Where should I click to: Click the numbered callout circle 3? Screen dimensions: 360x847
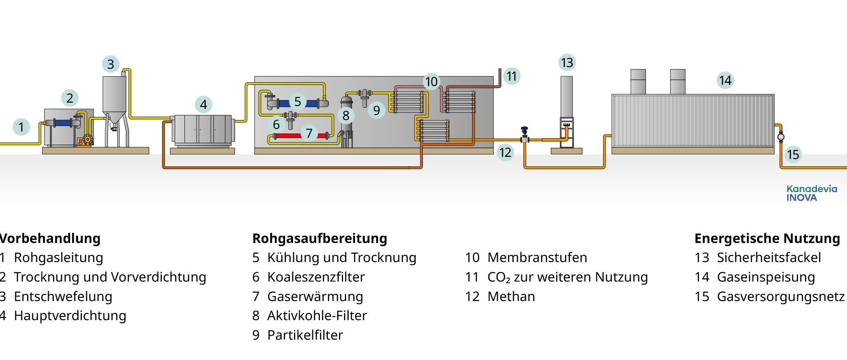(x=111, y=64)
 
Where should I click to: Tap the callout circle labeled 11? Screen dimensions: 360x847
(x=512, y=76)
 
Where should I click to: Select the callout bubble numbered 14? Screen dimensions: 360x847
(x=725, y=80)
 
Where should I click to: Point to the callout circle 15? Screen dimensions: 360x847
(x=793, y=154)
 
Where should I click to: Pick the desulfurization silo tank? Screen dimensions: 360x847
(x=115, y=95)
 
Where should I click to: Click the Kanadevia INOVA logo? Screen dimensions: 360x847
(x=811, y=193)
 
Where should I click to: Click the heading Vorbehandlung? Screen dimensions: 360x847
(x=50, y=238)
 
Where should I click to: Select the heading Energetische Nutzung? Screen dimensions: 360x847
(x=767, y=238)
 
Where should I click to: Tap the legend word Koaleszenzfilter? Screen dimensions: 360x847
(x=316, y=277)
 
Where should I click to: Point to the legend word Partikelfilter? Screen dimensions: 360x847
(x=305, y=335)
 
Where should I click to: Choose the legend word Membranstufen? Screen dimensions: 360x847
(x=537, y=257)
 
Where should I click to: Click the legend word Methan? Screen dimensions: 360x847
(x=511, y=296)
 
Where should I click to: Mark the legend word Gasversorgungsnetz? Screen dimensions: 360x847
(x=780, y=296)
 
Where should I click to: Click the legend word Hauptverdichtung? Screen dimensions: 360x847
(x=70, y=315)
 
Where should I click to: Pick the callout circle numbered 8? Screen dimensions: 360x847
(x=346, y=115)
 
